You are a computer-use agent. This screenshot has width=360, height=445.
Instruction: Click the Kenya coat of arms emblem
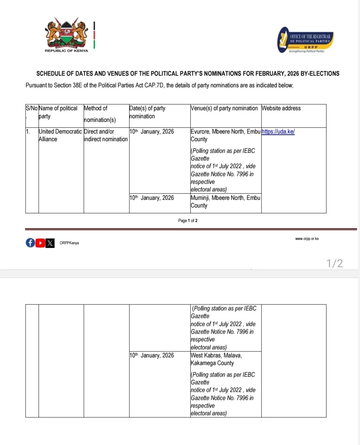pyautogui.click(x=66, y=33)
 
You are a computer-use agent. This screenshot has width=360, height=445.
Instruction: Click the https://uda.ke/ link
pyautogui.click(x=278, y=132)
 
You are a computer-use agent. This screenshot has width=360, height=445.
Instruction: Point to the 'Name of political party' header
pyautogui.click(x=58, y=112)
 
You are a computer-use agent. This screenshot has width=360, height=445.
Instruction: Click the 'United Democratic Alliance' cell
pyautogui.click(x=61, y=135)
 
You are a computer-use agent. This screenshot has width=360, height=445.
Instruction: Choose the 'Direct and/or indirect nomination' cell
pyautogui.click(x=106, y=135)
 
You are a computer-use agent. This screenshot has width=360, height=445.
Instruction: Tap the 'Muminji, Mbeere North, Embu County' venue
pyautogui.click(x=225, y=201)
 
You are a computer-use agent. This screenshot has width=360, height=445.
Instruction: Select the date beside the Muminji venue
pyautogui.click(x=152, y=198)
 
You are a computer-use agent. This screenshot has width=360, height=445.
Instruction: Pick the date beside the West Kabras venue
pyautogui.click(x=152, y=355)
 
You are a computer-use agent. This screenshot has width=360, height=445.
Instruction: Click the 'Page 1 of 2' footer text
pyautogui.click(x=188, y=221)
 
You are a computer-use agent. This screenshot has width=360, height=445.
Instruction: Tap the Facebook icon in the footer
pyautogui.click(x=30, y=243)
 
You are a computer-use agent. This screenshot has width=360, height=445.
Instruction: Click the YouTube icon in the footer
pyautogui.click(x=40, y=243)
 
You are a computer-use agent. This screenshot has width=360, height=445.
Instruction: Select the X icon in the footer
pyautogui.click(x=50, y=243)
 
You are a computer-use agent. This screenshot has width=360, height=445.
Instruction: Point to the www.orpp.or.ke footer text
pyautogui.click(x=307, y=239)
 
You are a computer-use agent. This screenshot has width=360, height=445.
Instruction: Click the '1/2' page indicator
pyautogui.click(x=335, y=264)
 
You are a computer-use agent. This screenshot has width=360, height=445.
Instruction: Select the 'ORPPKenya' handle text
pyautogui.click(x=69, y=243)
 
